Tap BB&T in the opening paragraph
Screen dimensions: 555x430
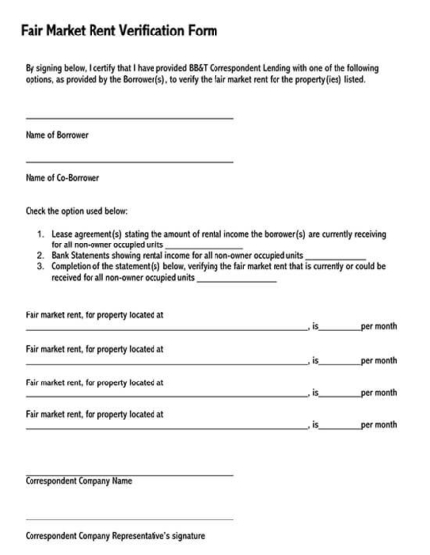pyautogui.click(x=222, y=68)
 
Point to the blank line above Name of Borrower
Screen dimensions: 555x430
pyautogui.click(x=129, y=119)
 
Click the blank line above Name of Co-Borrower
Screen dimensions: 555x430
pyautogui.click(x=129, y=162)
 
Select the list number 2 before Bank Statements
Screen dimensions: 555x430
pyautogui.click(x=40, y=255)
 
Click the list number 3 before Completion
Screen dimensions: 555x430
pyautogui.click(x=40, y=266)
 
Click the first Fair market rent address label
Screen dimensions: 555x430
pyautogui.click(x=93, y=315)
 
